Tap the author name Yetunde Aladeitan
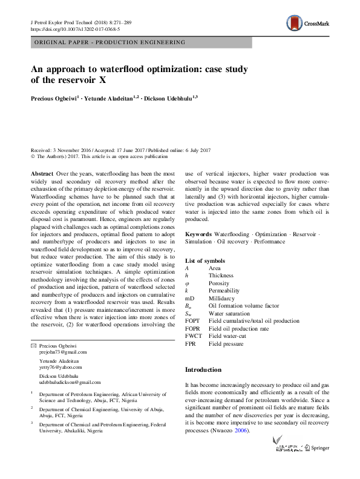tap(108, 97)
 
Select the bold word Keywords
tap(198, 251)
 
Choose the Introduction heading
tap(203, 369)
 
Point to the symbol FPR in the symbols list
tap(192, 344)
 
